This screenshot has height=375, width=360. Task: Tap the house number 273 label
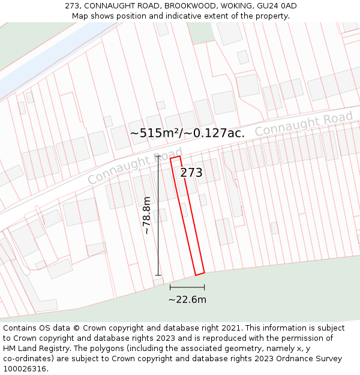pyautogui.click(x=191, y=173)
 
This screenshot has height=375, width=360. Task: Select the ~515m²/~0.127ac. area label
pyautogui.click(x=187, y=133)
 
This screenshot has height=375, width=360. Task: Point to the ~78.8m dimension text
pyautogui.click(x=146, y=215)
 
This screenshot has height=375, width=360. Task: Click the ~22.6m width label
pyautogui.click(x=187, y=299)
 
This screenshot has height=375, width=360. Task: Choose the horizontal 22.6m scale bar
pyautogui.click(x=187, y=287)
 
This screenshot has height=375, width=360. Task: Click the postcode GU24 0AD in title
pyautogui.click(x=277, y=6)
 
